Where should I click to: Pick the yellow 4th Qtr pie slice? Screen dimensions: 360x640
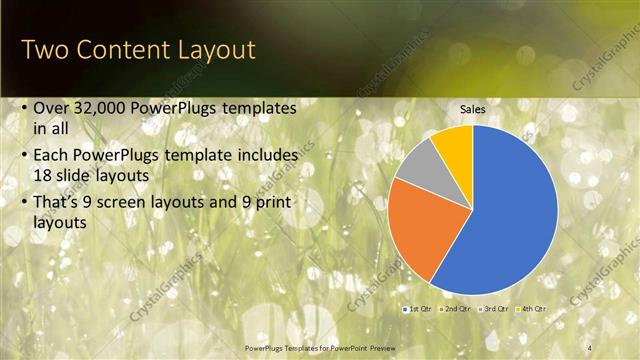(455, 146)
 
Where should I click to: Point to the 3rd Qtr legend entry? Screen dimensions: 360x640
(494, 309)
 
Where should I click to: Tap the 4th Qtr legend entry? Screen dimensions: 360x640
(532, 309)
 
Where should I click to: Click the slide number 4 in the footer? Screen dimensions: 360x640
(590, 346)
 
